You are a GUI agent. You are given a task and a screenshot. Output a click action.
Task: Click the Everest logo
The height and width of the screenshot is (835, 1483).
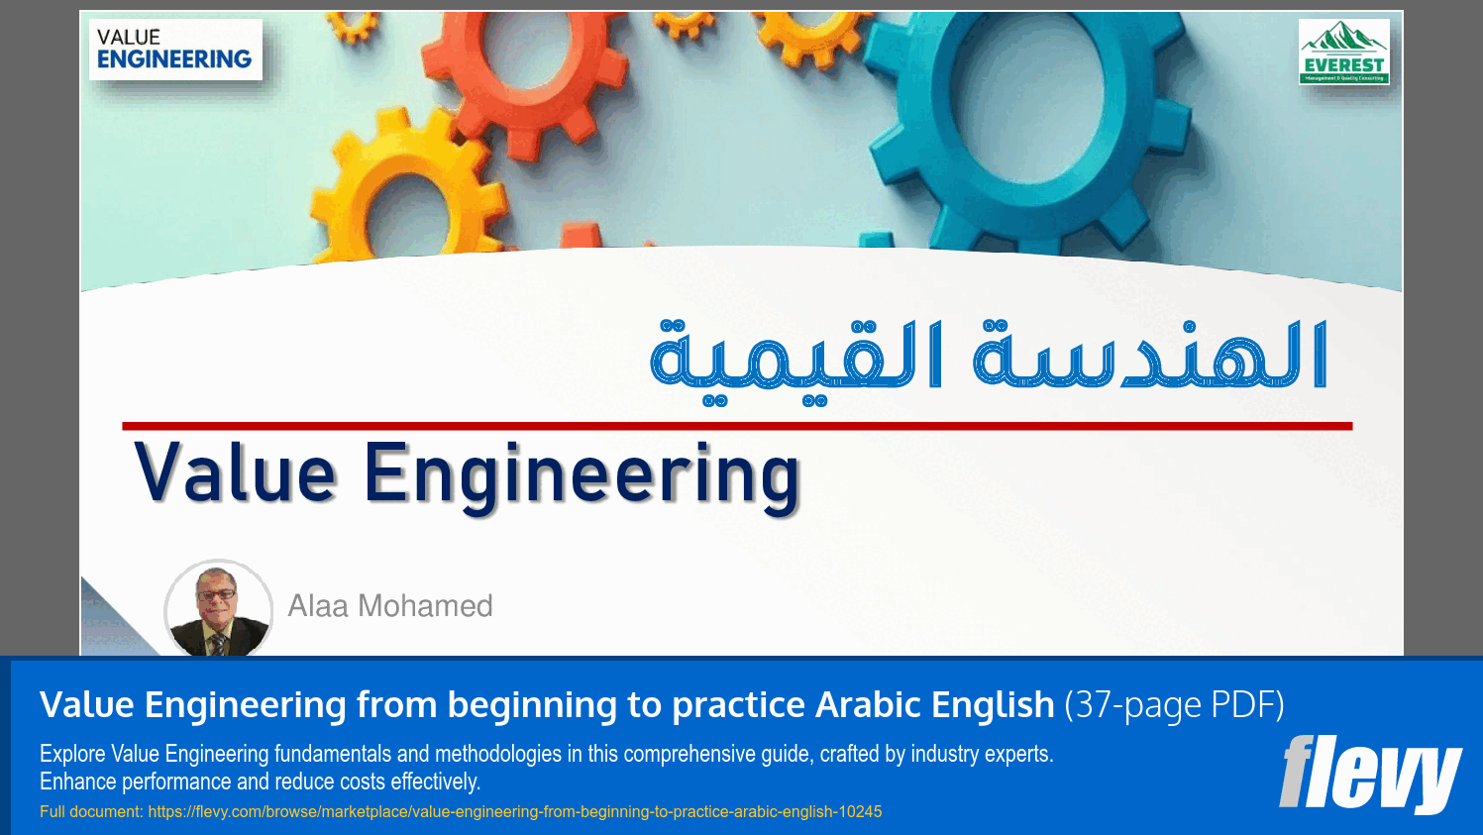[1343, 52]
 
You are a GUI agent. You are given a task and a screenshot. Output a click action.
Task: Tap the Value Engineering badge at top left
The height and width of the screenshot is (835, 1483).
[174, 50]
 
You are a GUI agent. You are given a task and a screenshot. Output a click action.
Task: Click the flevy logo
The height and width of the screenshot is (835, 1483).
[1369, 774]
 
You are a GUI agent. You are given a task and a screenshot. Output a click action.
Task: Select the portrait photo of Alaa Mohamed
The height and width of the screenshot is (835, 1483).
[218, 609]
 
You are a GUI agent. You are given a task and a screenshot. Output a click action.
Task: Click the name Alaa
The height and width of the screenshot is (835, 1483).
[318, 605]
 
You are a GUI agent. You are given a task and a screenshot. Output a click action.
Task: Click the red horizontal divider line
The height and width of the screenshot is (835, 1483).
[737, 426]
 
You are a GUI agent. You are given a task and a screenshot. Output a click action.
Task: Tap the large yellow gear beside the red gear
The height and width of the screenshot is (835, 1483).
[401, 203]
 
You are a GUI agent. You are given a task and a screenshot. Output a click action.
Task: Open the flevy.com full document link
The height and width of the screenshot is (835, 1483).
[514, 812]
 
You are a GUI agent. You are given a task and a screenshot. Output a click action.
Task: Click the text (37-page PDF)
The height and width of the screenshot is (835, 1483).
[1174, 705]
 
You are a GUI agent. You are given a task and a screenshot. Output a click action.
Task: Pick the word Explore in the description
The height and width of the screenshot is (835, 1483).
[72, 754]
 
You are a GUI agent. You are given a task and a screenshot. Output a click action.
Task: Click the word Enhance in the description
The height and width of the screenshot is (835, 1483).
[78, 782]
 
